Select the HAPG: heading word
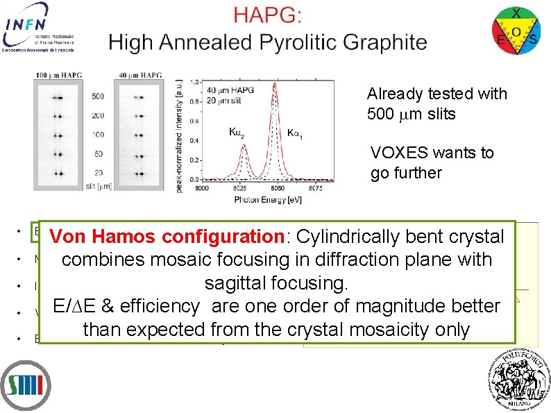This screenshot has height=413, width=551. click(x=267, y=16)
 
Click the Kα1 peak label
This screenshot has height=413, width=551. click(x=296, y=131)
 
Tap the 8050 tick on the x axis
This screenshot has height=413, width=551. click(x=278, y=187)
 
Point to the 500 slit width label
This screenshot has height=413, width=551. click(x=98, y=96)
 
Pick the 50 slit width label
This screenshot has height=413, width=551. click(x=99, y=153)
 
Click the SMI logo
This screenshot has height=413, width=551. click(x=25, y=385)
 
